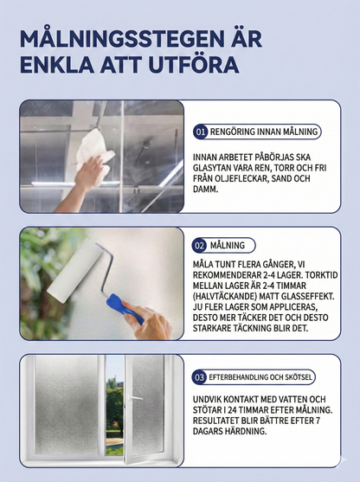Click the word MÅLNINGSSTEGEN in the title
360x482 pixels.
point(112,39)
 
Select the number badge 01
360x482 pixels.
point(201,132)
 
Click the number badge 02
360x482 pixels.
point(200,245)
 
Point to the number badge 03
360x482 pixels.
point(199,377)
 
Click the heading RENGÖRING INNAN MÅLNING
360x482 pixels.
point(264,132)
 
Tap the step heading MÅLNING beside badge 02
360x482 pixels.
point(228,245)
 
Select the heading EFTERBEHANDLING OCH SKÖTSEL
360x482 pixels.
point(260,377)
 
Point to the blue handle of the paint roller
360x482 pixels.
point(125,308)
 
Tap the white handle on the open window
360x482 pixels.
point(134,398)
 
